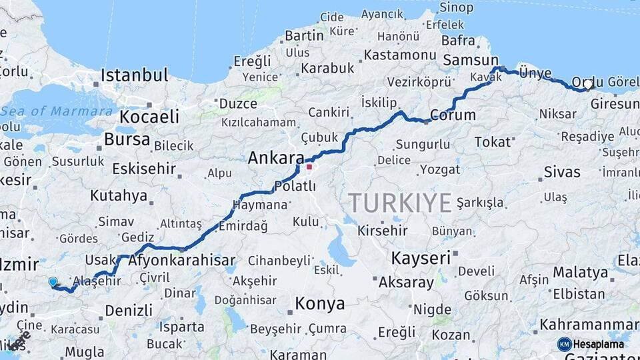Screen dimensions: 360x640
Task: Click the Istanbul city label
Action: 134,75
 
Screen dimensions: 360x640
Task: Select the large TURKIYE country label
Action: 400,203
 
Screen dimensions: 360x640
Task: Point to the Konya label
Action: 320,304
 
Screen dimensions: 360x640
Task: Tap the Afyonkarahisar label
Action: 181,260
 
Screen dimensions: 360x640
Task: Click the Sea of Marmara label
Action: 57,111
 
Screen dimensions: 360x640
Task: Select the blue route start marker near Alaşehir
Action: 53,282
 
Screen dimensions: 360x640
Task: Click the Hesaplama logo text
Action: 599,345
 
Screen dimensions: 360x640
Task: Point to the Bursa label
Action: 127,140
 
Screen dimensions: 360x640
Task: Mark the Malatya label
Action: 580,273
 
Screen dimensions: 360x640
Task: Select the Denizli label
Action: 129,310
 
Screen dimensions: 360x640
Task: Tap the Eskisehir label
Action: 143,169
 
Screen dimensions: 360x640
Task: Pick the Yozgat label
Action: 441,169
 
